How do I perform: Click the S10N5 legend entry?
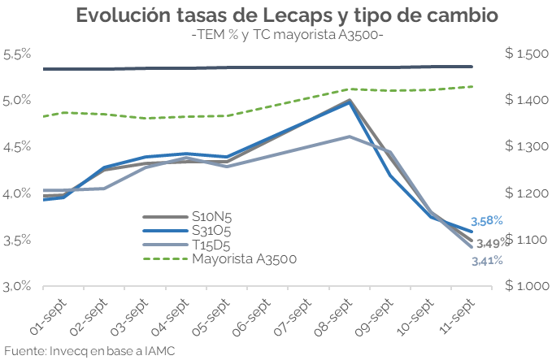[211, 217]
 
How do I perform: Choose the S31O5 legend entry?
[211, 231]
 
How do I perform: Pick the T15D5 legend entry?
[211, 245]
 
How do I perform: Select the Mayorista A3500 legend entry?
[244, 258]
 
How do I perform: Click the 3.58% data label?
[487, 220]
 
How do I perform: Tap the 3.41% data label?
[487, 261]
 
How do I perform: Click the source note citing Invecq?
[89, 351]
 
